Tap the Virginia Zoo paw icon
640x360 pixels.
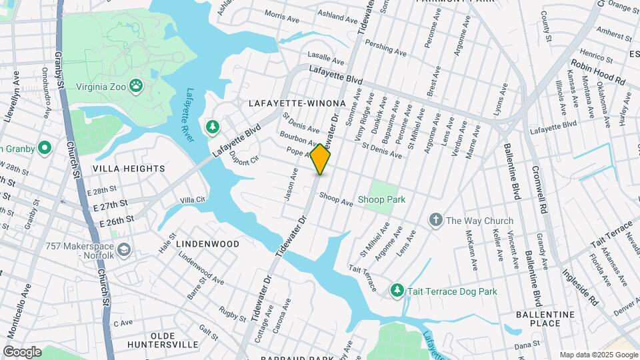136,85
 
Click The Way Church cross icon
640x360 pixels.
435,220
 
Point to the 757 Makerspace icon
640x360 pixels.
124,250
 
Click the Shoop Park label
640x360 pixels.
381,199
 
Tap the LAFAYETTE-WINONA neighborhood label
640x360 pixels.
297,104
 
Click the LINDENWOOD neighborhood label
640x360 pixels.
208,244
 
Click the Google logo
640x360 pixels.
22,351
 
